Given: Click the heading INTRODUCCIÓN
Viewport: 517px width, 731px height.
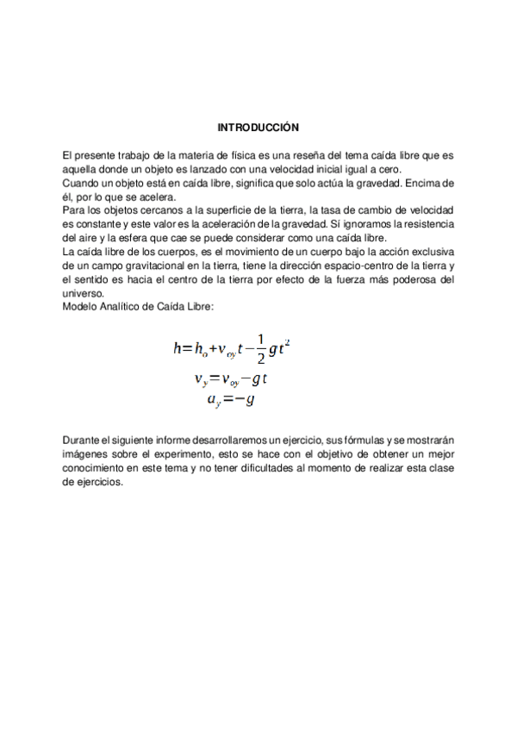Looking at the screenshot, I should coord(258,128).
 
